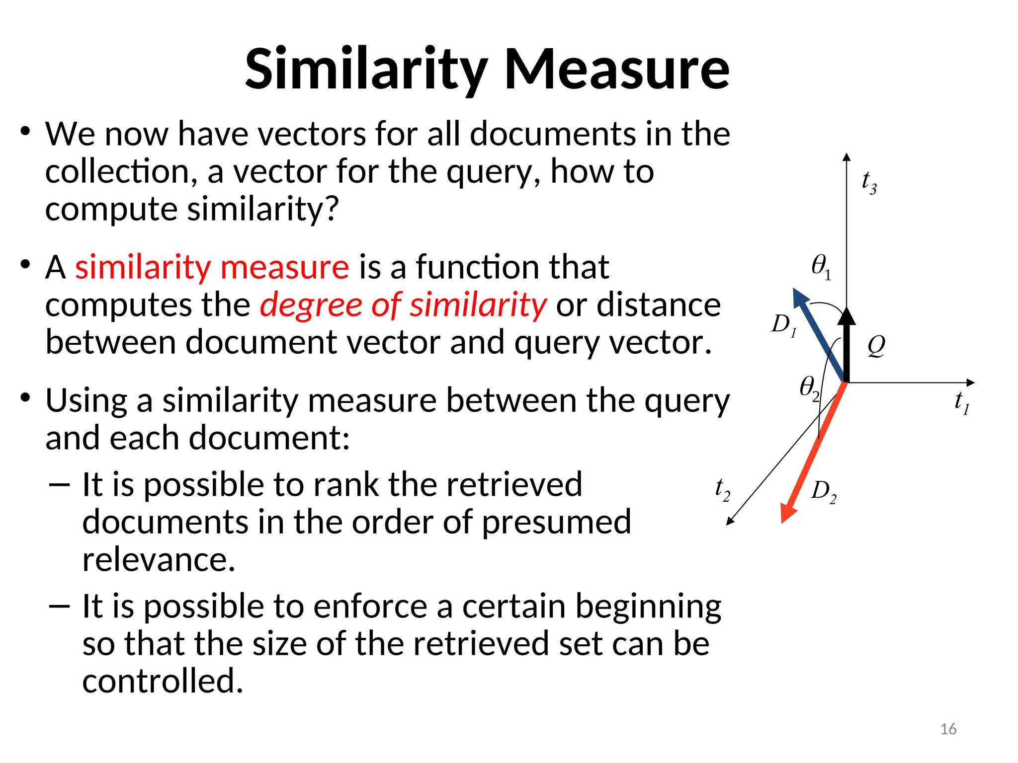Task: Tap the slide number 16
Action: click(x=948, y=729)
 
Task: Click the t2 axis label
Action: click(x=722, y=490)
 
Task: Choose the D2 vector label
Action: click(x=824, y=492)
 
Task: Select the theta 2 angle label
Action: click(x=809, y=387)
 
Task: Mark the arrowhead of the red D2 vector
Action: click(x=787, y=512)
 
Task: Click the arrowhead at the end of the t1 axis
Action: click(x=970, y=382)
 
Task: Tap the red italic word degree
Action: click(x=311, y=305)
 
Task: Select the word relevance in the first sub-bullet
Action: click(x=158, y=559)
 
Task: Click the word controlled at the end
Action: click(x=163, y=681)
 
